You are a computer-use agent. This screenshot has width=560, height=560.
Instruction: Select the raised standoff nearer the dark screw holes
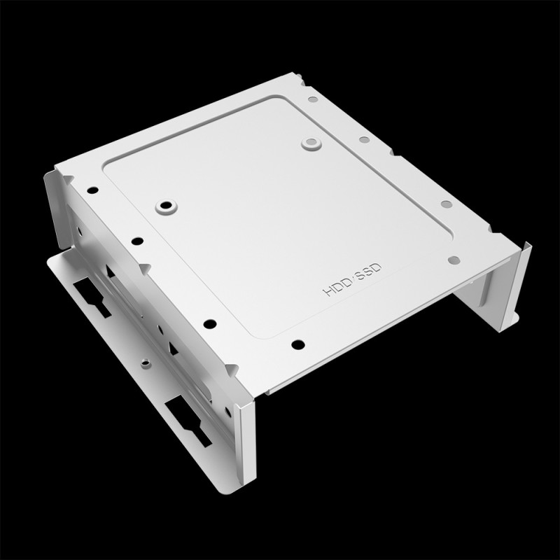tap(166, 206)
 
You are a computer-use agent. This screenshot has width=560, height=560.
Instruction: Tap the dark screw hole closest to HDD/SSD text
tap(297, 344)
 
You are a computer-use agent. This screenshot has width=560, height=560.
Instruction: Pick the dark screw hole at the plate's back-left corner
tap(92, 189)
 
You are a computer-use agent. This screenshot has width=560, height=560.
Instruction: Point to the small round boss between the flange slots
tap(143, 363)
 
